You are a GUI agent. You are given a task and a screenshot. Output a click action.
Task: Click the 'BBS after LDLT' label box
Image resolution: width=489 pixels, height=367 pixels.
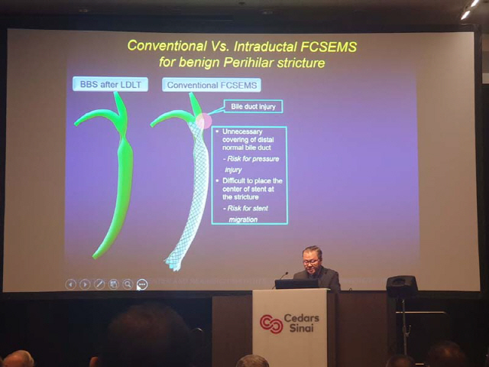[x=110, y=84]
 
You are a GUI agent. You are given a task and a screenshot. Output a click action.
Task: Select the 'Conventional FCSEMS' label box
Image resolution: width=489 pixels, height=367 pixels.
[x=212, y=85]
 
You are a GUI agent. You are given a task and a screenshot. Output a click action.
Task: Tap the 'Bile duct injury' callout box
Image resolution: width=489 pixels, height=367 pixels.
[x=253, y=106]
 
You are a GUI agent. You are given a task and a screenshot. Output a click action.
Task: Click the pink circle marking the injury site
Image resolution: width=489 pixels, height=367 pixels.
[x=204, y=121]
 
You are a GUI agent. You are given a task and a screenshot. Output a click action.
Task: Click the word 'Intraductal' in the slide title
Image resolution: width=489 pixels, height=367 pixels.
[x=265, y=47]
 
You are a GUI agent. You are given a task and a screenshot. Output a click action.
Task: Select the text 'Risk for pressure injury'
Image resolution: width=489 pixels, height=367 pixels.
[x=251, y=164]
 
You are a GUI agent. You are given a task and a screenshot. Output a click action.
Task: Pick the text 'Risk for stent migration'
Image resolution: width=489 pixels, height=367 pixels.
[x=246, y=214]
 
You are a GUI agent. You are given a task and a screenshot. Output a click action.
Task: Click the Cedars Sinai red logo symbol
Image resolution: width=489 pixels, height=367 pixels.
[x=271, y=324]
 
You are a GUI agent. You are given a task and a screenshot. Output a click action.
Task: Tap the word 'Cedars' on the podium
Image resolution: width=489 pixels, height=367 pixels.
[x=301, y=318]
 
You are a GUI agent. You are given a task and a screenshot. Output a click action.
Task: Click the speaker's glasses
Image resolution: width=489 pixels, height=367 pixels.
[x=311, y=261]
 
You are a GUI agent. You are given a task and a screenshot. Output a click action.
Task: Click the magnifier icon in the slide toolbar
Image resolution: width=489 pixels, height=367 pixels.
[x=128, y=284]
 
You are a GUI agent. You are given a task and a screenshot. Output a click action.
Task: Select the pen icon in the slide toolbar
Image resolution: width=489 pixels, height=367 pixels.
[x=99, y=284]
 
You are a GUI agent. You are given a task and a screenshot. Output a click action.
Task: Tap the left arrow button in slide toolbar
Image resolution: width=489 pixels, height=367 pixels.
[x=71, y=284]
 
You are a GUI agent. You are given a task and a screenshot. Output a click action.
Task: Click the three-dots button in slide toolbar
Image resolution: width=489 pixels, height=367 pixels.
[x=142, y=284]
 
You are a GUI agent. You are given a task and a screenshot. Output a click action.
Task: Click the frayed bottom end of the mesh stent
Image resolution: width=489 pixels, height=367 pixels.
[x=173, y=265]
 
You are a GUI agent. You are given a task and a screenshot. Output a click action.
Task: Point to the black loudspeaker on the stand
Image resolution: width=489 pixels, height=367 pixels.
[x=402, y=287]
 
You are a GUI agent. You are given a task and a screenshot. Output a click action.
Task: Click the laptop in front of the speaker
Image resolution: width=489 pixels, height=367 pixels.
[x=296, y=284]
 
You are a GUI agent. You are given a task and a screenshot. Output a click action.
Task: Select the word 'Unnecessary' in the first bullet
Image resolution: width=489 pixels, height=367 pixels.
[x=242, y=132]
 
